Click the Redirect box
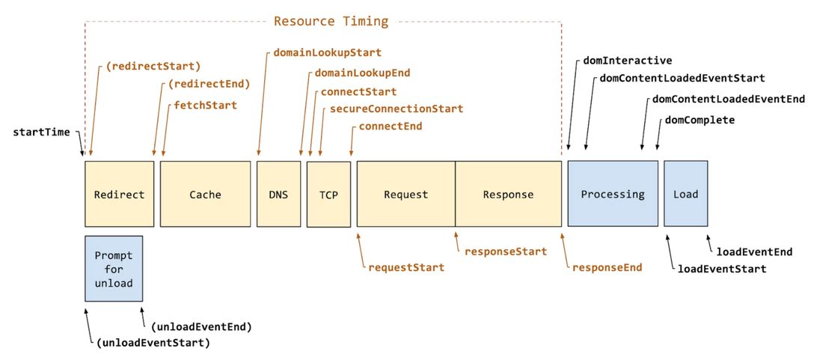119,194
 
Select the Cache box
205,194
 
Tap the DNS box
278,194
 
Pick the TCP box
328,195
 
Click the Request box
406,194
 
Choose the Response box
508,194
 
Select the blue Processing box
612,193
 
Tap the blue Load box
685,193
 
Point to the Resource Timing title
331,21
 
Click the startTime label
41,132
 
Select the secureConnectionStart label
397,109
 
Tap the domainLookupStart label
327,52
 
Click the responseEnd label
607,267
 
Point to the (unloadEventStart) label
153,343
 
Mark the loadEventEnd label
754,251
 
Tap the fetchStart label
205,106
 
